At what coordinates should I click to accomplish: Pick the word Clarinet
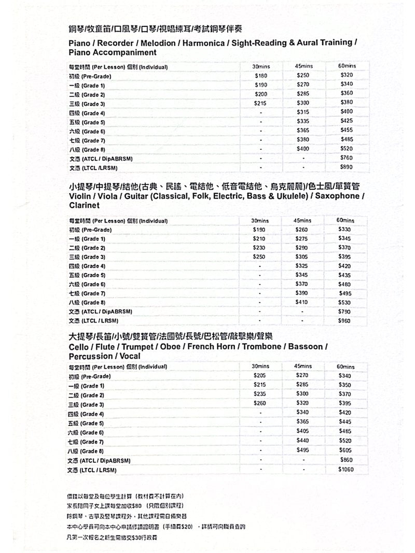tap(85, 206)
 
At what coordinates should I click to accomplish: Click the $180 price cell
tap(260, 76)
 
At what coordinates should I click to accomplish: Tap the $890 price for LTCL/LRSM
tap(346, 167)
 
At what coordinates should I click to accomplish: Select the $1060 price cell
tap(345, 470)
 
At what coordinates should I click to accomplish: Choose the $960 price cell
tap(344, 321)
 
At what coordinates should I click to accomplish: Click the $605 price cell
tap(345, 450)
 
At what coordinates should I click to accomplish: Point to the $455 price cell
tap(346, 130)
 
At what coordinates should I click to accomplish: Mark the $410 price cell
tap(301, 302)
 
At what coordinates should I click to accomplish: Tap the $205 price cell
tap(259, 375)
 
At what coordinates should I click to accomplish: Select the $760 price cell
tap(346, 158)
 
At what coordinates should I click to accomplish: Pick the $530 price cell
tap(344, 302)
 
